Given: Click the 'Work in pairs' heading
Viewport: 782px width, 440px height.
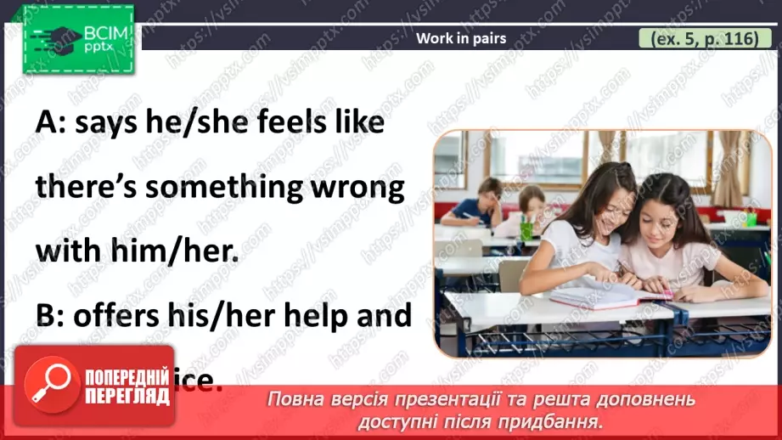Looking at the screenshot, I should (x=461, y=38).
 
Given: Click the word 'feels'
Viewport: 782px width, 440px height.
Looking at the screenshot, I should (x=276, y=123).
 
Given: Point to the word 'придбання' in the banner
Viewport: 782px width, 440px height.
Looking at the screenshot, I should (x=552, y=420).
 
